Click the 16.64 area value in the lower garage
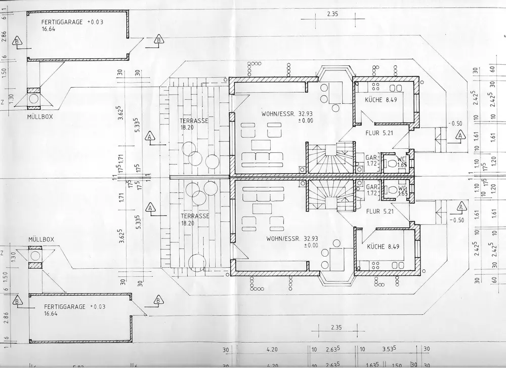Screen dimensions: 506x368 (x=51, y=314)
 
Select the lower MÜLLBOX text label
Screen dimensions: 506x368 (x=41, y=238)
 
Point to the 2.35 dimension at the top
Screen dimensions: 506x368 (x=332, y=14)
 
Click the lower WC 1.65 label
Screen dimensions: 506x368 (x=403, y=190)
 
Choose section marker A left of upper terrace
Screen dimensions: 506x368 (x=150, y=136)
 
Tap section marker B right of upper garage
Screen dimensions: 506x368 (x=158, y=39)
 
